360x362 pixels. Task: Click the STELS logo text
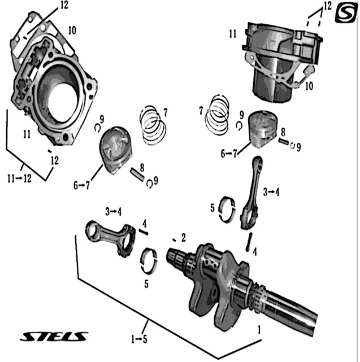point(55,337)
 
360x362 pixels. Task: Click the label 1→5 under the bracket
point(139,339)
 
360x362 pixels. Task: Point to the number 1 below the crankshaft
point(259,329)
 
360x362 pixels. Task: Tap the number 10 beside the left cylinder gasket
point(72,29)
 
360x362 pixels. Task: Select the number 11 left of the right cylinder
point(232,34)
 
